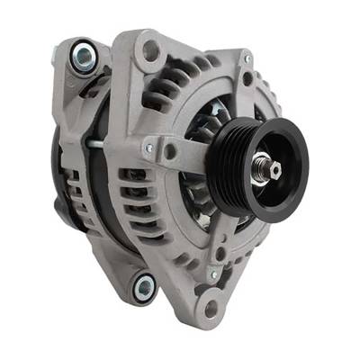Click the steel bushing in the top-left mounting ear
coord(82,55)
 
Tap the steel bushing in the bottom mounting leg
coord(143,287)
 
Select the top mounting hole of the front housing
coord(150,49)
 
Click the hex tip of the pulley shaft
coord(264,166)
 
